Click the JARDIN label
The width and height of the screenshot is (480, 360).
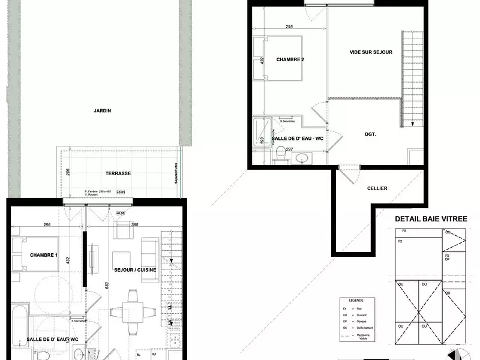coord(103,110)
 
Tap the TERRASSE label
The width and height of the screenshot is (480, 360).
coord(118,173)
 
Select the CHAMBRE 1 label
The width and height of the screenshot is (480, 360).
coord(43,256)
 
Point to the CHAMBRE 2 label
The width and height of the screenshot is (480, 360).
coord(290,60)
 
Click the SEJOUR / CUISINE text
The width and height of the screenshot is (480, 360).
coord(135,270)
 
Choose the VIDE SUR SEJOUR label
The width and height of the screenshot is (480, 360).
coord(371,52)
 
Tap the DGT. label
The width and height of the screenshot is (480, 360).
coord(370,134)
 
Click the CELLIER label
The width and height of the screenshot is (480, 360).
coord(377,188)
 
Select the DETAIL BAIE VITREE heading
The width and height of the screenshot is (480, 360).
coord(431,220)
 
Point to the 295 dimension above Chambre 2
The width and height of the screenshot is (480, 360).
coord(289,27)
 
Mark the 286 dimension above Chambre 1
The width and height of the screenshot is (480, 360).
coord(47,224)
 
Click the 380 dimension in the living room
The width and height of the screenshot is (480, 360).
coord(135,224)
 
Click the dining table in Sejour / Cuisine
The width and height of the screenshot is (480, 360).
coord(133,310)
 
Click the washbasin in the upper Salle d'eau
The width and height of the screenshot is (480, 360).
coord(301,158)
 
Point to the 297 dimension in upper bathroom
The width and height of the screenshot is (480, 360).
coord(289,149)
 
